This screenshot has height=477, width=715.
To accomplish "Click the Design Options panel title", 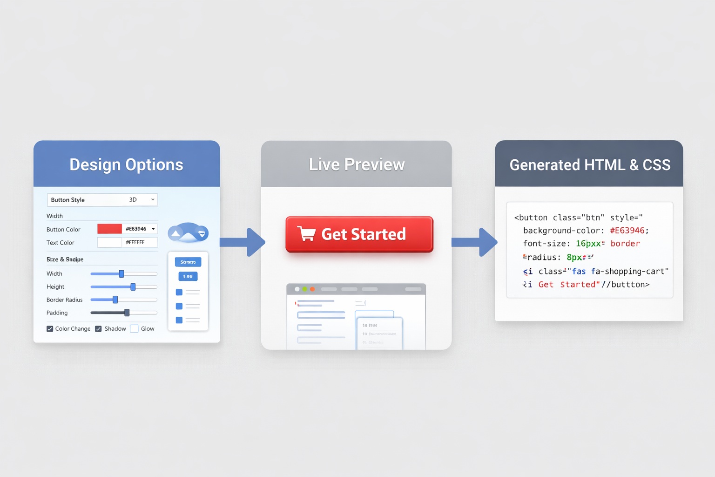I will (x=126, y=165).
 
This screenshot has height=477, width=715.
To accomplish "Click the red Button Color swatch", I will (x=109, y=229).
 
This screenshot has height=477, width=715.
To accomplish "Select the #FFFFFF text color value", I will (x=135, y=242).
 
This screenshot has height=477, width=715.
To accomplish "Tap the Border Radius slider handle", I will (x=115, y=300).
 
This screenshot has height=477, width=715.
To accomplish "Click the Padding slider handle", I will (x=127, y=313).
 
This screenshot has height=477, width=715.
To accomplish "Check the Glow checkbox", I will (x=134, y=328).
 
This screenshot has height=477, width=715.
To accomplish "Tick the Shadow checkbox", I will (x=98, y=328).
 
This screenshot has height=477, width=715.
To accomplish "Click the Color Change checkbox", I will (x=50, y=328).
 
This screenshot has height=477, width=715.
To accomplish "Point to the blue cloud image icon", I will (x=188, y=232).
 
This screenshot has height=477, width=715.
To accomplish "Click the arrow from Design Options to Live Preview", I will (x=242, y=242).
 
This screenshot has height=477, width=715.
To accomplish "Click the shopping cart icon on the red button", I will (x=306, y=233).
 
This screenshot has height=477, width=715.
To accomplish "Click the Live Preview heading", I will (x=357, y=164).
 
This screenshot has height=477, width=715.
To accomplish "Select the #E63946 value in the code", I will (x=627, y=231).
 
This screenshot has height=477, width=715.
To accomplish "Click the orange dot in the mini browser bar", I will (x=312, y=289).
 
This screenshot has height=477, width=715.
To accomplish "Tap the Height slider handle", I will (x=133, y=286).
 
